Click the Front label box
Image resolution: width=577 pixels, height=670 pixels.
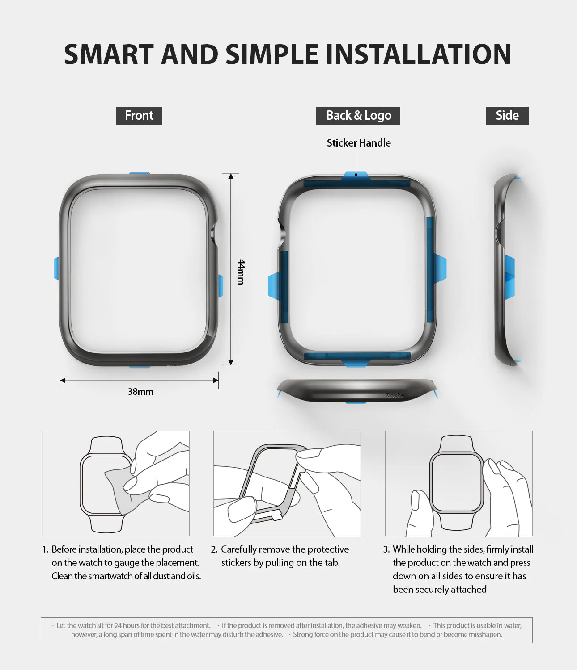click(139, 116)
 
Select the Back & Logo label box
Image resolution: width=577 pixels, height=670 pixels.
click(358, 116)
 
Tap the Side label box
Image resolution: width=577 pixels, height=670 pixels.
click(507, 116)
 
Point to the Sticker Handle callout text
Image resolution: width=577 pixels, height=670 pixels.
click(359, 143)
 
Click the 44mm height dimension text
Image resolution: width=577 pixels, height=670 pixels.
click(242, 272)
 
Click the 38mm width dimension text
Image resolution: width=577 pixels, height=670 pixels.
click(140, 392)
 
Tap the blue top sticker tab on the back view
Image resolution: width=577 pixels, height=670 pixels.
click(356, 176)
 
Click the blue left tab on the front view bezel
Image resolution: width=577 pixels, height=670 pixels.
click(56, 268)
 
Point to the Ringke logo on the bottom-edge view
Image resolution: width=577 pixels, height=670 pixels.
click(395, 395)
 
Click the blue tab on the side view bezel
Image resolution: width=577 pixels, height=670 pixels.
click(510, 277)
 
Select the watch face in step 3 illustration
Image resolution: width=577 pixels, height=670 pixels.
click(456, 482)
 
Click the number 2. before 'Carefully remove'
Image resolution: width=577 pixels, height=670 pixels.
click(214, 549)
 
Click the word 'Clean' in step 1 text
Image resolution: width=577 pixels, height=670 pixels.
click(62, 576)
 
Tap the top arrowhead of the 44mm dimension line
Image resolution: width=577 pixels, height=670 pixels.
click(231, 176)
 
